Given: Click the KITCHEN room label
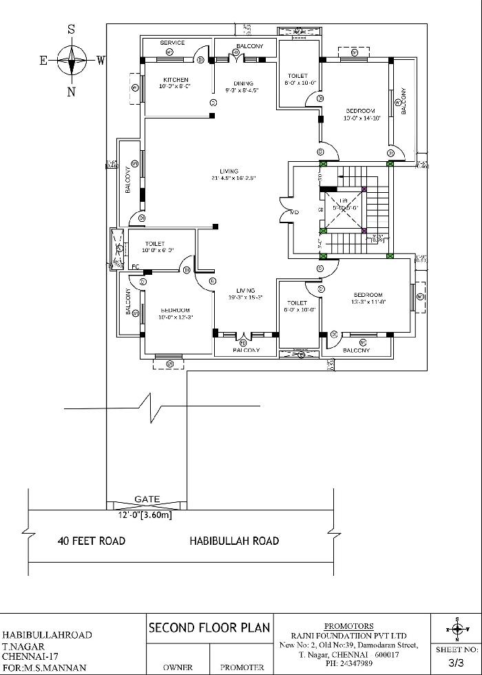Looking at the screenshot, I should (174, 80).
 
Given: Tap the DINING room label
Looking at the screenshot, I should (243, 83).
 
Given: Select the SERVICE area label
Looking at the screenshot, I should (172, 43).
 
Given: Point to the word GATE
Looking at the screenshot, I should (147, 499).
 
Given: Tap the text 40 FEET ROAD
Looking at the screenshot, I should (92, 541).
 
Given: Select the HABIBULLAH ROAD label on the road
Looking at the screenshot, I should (234, 541).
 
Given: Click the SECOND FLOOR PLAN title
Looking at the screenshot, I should (209, 627).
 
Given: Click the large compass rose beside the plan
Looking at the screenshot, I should (71, 61).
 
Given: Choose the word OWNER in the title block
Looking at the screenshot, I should (178, 667).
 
